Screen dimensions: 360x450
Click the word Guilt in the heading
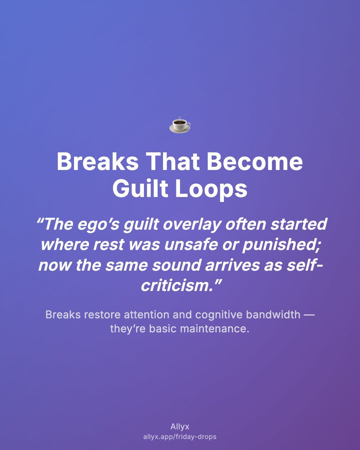pos(140,188)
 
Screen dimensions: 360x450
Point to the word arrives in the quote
pos(232,265)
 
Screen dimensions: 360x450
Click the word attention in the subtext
pos(146,315)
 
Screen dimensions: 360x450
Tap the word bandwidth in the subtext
pos(273,315)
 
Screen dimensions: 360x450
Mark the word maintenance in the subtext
pos(215,329)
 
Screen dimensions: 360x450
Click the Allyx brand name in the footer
pos(180,427)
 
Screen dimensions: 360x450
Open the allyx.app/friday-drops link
pos(180,437)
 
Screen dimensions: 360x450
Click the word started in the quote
pos(299,224)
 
